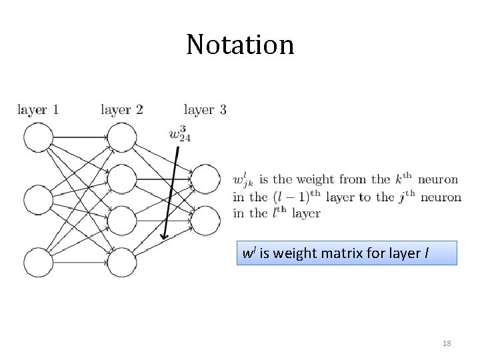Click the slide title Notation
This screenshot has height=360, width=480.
click(240, 45)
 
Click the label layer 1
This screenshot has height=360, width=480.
click(38, 109)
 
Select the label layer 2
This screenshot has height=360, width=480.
click(122, 109)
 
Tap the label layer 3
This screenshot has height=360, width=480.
click(205, 109)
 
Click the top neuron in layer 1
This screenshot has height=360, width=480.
click(38, 139)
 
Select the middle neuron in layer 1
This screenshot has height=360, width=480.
click(38, 201)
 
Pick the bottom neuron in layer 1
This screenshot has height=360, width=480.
click(38, 262)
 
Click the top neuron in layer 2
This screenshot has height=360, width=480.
click(122, 139)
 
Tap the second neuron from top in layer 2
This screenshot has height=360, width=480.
click(122, 179)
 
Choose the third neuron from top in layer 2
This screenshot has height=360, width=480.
click(122, 221)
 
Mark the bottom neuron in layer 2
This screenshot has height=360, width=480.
click(122, 262)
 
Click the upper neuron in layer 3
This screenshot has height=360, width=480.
click(205, 179)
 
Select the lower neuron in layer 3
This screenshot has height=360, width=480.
click(205, 221)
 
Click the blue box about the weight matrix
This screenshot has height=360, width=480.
click(347, 253)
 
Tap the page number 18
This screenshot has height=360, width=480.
click(447, 343)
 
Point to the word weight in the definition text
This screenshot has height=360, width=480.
click(315, 179)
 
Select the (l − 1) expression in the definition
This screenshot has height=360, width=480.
click(288, 197)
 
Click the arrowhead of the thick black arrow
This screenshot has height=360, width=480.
click(164, 237)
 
